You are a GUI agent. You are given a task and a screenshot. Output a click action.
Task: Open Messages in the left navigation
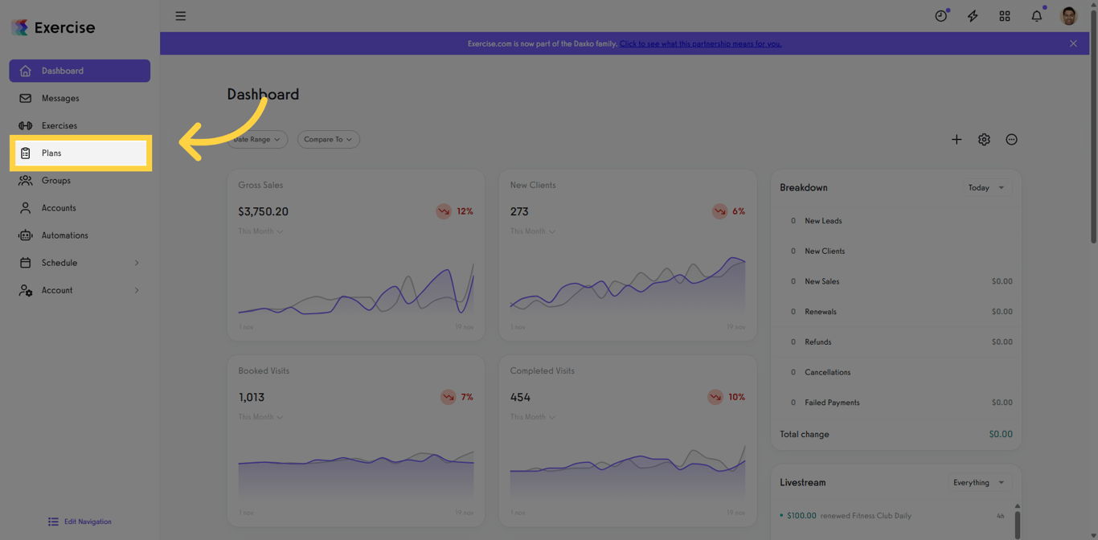[60, 98]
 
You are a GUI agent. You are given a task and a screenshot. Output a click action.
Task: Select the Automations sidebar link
[64, 235]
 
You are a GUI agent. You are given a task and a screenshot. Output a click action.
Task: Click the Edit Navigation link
[87, 522]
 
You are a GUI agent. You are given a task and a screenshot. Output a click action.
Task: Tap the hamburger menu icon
[181, 16]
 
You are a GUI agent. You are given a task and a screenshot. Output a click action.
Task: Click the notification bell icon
[1036, 16]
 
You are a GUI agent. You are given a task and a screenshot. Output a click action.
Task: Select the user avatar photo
[1068, 16]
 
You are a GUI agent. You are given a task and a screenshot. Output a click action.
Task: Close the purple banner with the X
[1073, 43]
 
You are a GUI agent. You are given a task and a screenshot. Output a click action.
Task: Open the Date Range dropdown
[257, 139]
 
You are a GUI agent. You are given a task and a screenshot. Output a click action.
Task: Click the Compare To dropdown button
[328, 139]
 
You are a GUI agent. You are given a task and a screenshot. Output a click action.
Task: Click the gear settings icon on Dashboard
[984, 140]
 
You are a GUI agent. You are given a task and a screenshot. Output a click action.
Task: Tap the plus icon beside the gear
[957, 140]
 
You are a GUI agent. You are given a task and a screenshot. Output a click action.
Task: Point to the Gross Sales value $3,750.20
[263, 211]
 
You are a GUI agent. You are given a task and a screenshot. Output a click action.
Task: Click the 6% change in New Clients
[737, 211]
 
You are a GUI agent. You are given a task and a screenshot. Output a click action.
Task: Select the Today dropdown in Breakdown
[986, 187]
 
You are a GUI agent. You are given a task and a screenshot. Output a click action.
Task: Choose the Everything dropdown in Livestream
[978, 483]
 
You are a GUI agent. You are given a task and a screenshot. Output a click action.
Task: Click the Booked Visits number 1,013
[251, 397]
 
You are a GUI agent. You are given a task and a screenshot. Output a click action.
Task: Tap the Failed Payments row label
[832, 403]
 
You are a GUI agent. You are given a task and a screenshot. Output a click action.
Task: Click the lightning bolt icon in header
[973, 16]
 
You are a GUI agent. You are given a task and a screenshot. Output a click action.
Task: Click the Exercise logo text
[64, 27]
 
